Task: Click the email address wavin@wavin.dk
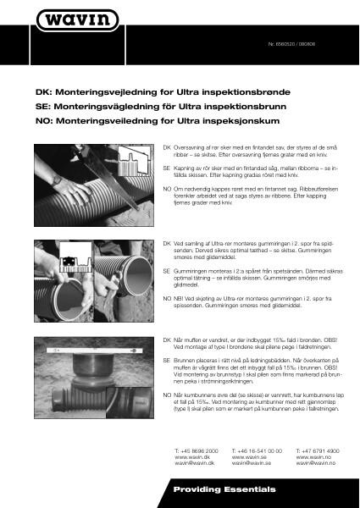(x=193, y=464)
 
